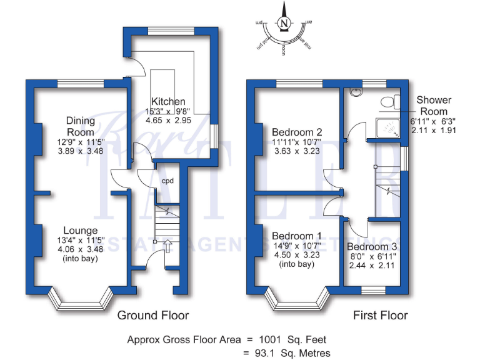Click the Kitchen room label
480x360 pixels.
[x=167, y=101]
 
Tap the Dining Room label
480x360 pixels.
[x=81, y=126]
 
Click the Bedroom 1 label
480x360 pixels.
[x=297, y=236]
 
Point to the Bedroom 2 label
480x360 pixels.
[x=297, y=132]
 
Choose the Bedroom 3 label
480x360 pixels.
[x=371, y=246]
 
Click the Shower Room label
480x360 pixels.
[x=434, y=106]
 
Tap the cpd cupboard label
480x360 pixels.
[x=167, y=181]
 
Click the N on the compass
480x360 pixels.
[x=285, y=24]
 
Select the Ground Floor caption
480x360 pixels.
[x=153, y=315]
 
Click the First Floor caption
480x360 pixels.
[x=380, y=315]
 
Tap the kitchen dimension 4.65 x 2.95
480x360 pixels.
[x=167, y=120]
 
